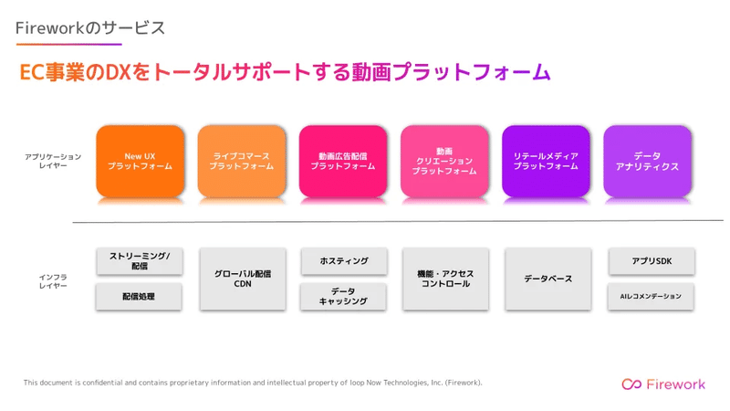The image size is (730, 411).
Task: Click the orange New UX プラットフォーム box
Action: click(x=141, y=161)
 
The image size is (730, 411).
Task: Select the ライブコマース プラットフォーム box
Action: click(x=242, y=161)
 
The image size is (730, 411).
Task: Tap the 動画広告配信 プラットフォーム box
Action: click(x=343, y=161)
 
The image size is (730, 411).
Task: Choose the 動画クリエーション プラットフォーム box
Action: click(x=444, y=161)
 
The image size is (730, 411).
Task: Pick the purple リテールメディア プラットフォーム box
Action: click(x=546, y=161)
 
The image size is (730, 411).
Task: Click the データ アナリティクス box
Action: click(x=648, y=161)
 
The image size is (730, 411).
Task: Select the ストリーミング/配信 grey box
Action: click(x=140, y=261)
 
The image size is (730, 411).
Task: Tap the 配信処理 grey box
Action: click(x=139, y=296)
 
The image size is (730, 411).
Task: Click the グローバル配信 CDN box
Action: click(x=243, y=279)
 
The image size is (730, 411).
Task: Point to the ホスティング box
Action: click(x=344, y=261)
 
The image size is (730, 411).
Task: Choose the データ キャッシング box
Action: click(x=343, y=296)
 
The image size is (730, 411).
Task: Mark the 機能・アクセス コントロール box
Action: click(x=445, y=279)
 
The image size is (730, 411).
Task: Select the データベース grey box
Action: click(x=548, y=279)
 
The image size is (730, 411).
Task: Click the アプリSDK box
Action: click(x=652, y=261)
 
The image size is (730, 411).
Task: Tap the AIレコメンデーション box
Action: click(x=651, y=296)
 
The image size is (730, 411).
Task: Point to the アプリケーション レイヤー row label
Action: click(x=53, y=161)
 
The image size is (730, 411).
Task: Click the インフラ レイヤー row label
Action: click(x=53, y=281)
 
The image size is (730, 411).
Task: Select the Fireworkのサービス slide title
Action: click(x=90, y=28)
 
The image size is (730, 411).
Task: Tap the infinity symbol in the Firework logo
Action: click(x=631, y=384)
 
